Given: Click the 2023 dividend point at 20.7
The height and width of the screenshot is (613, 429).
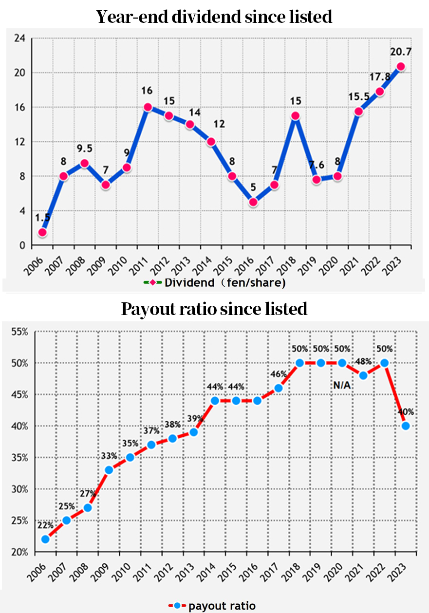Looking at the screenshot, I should coord(400,67).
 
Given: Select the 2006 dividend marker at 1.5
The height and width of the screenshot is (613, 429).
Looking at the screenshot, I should coord(42,232).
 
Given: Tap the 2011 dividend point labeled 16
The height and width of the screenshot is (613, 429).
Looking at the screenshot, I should coord(148,107).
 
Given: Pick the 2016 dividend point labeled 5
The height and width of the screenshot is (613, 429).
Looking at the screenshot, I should coord(253,202).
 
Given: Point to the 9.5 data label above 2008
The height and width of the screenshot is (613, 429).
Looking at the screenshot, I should coord(84,148).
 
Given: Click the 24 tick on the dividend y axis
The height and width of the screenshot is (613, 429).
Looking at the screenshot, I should coord(19,38).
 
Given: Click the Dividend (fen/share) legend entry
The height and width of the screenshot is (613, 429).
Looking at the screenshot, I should coord(214,283).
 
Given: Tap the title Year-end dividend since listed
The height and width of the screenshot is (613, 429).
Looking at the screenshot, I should coord(214,17).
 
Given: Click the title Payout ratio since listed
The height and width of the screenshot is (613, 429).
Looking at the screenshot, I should coord(214,309).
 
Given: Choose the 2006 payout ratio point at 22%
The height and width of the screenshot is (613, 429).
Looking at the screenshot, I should coord(45,539).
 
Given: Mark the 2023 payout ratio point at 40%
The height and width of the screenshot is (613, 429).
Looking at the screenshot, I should coord(405,426).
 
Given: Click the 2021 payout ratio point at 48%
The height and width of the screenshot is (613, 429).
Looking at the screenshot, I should coord(363,375).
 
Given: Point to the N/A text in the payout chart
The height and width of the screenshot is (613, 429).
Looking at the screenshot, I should coord(342,385).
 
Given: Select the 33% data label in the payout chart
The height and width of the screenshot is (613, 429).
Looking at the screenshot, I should coord(109,456).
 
